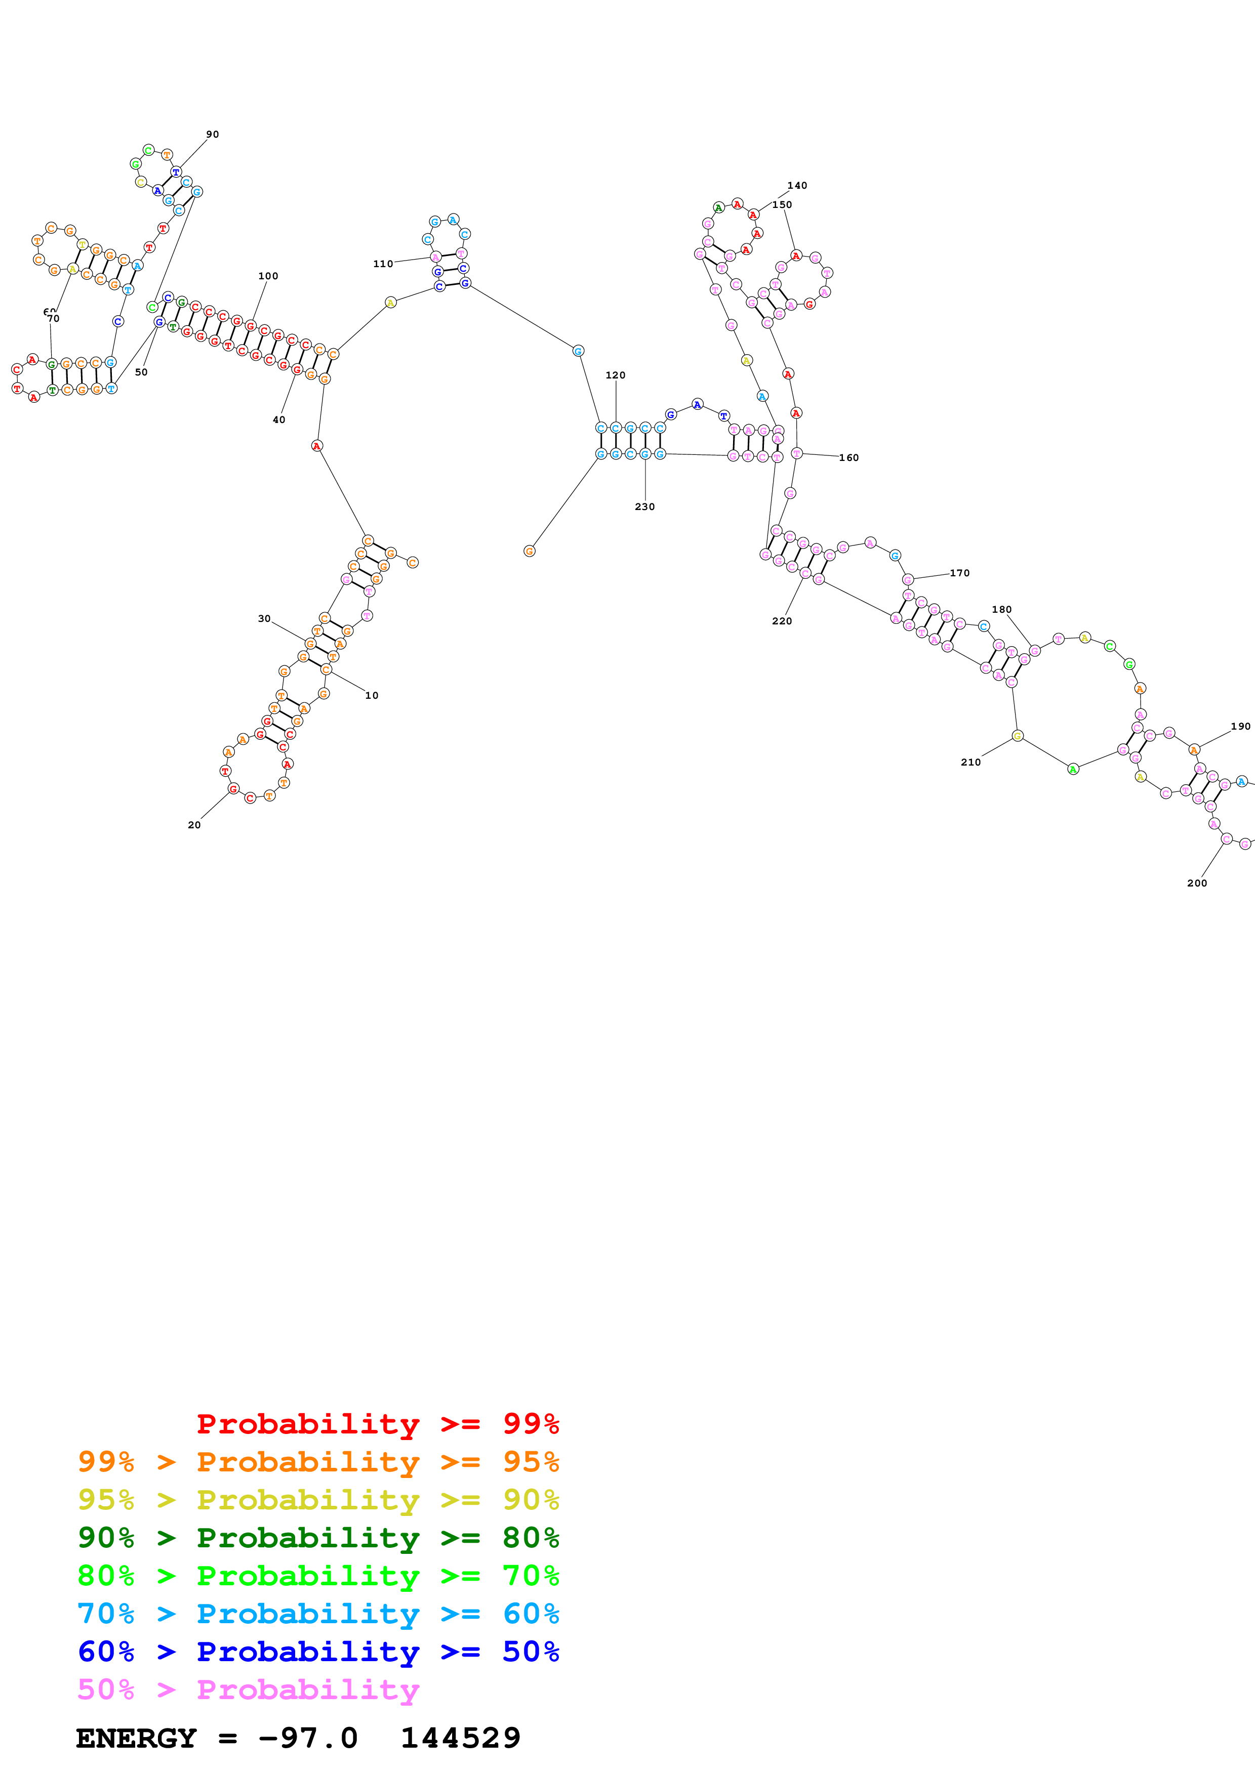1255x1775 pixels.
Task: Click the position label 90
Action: click(x=212, y=135)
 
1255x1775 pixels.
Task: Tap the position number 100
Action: click(x=268, y=276)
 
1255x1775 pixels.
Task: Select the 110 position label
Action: click(x=383, y=264)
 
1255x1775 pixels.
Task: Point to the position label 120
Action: click(x=616, y=375)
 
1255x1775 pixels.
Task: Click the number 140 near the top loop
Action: click(x=797, y=186)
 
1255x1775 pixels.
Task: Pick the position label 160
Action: click(x=849, y=458)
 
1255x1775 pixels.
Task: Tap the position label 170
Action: click(x=960, y=573)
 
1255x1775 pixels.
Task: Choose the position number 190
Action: click(x=1240, y=726)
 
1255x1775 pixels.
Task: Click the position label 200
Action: click(x=1197, y=883)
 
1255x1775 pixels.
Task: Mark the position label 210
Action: click(x=970, y=762)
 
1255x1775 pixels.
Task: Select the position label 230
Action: click(x=645, y=506)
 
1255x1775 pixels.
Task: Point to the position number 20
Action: click(x=194, y=825)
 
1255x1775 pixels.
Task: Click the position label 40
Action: click(x=279, y=420)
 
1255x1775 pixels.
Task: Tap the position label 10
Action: click(x=372, y=695)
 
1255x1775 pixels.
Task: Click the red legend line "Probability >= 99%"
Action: click(x=377, y=1423)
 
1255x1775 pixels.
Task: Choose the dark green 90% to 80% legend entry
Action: click(x=318, y=1538)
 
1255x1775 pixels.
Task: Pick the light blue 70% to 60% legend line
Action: click(x=318, y=1614)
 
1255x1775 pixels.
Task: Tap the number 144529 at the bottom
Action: click(x=460, y=1738)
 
